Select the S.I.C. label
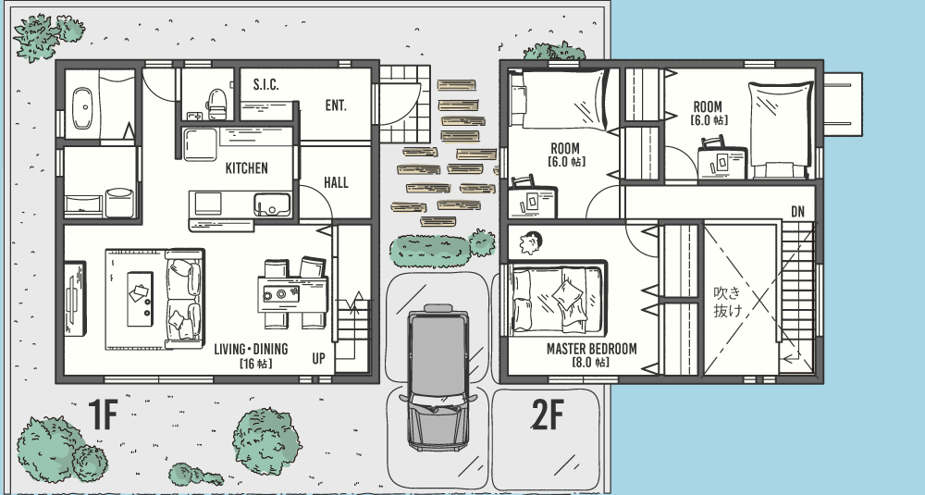coord(266,84)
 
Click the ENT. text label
coord(336,105)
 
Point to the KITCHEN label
coord(247,168)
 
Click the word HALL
coord(336,183)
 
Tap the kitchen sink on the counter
coord(272,204)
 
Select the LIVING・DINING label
coord(251,349)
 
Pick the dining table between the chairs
coord(292,294)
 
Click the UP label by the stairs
coord(318,358)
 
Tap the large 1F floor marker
coord(104,414)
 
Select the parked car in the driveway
coord(438,377)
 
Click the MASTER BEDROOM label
coord(592,349)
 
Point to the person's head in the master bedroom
coord(531,242)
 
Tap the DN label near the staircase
coord(797,212)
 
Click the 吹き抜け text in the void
coord(728,302)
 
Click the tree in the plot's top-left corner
coord(46,35)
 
